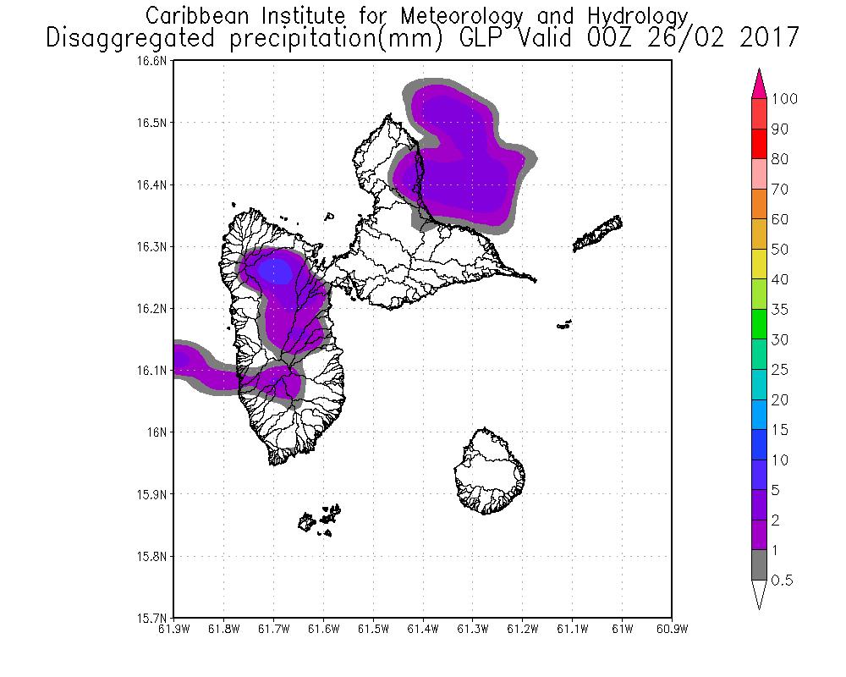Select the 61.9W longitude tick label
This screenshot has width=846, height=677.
pos(173,629)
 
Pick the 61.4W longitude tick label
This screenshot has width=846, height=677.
pos(422,629)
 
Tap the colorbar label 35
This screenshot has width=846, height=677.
pos(779,310)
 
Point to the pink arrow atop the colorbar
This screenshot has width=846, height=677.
pos(759,83)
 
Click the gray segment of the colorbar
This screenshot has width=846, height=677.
pos(759,564)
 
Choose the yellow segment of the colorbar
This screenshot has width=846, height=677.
pos(759,264)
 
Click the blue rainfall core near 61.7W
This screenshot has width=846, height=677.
pos(275,272)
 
